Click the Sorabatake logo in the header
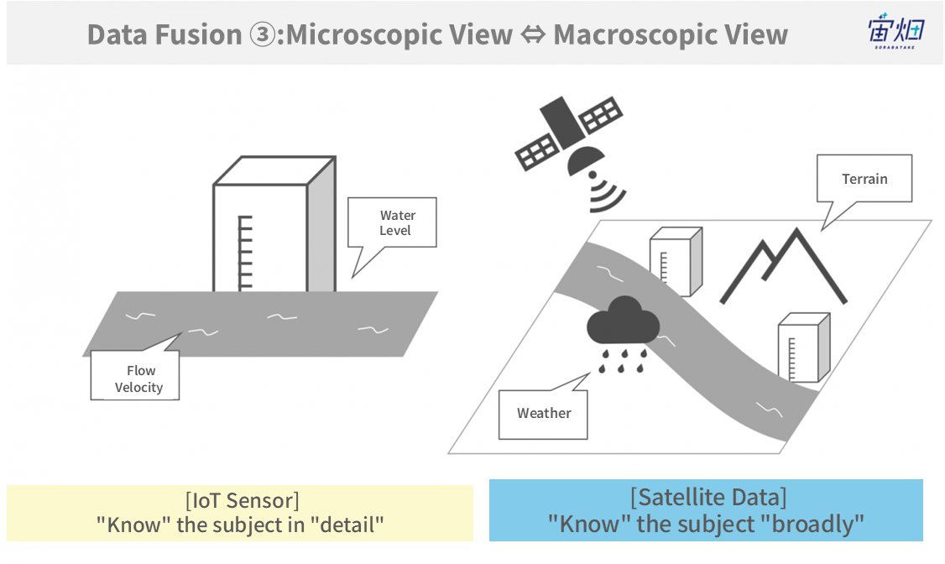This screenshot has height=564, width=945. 895,31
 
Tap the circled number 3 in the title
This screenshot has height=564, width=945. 262,35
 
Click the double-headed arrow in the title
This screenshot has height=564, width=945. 533,35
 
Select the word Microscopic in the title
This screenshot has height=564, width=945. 399,35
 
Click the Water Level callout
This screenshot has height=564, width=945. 392,222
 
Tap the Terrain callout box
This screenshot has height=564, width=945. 864,179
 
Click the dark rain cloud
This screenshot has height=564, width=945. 624,321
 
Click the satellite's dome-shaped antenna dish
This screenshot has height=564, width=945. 585,159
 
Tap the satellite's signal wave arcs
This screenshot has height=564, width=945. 606,194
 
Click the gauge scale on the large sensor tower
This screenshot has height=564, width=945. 245,253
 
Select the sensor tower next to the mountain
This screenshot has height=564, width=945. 676,262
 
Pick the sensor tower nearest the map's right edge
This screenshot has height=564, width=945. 804,347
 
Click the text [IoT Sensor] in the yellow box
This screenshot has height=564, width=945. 243,501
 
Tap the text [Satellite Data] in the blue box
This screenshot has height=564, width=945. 708,498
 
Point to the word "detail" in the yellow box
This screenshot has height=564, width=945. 347,525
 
